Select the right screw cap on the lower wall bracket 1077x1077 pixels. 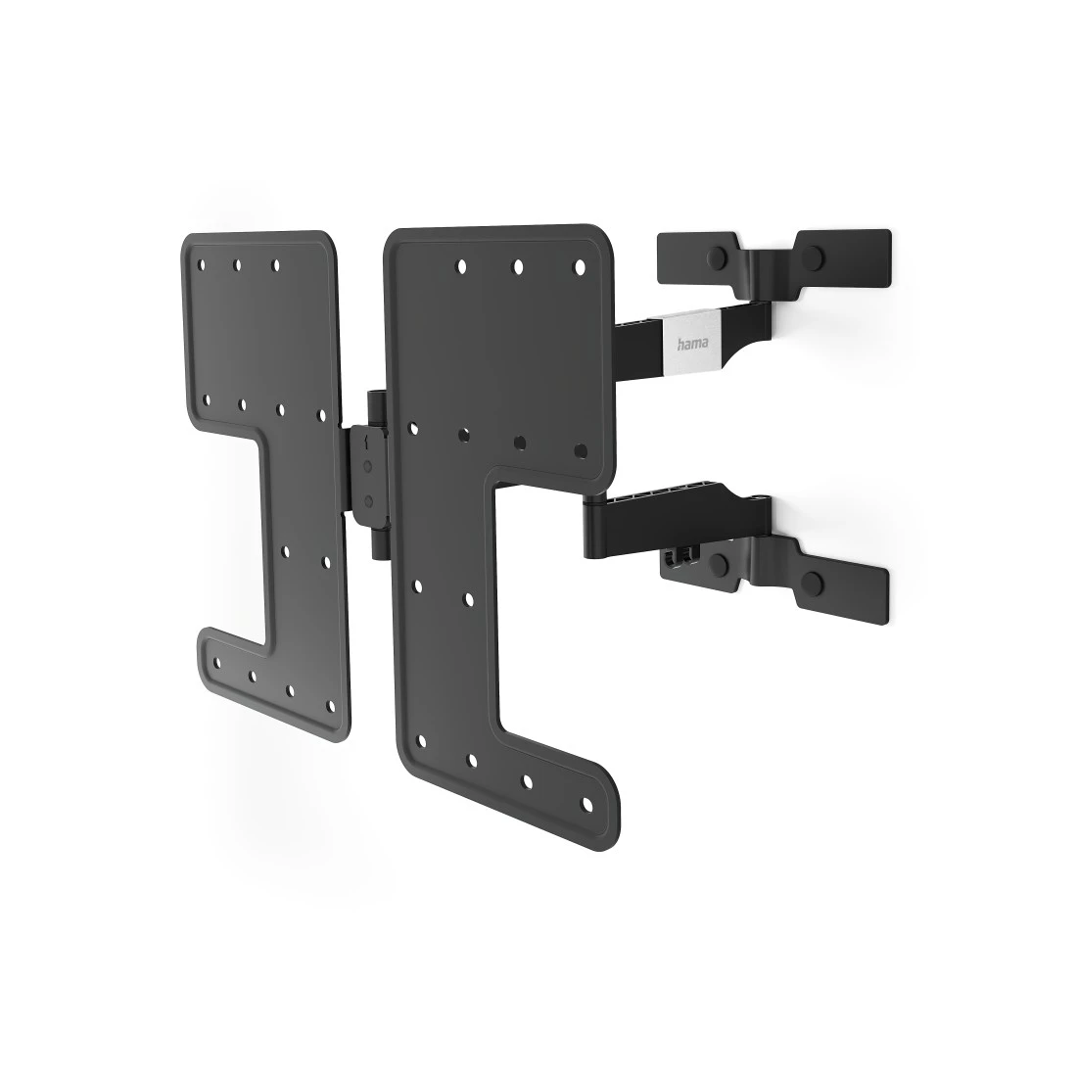[x=814, y=585]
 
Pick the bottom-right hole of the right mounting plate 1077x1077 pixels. [x=587, y=805]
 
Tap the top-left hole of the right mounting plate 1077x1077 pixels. [x=460, y=263]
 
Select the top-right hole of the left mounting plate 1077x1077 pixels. [x=275, y=264]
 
